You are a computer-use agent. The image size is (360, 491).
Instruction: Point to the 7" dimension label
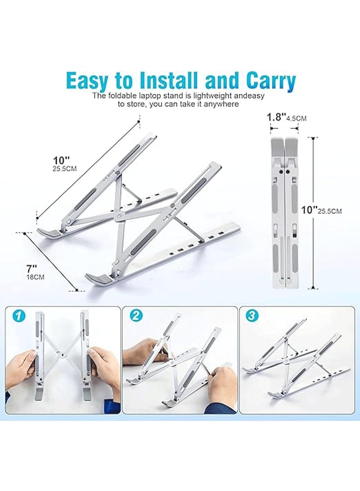31,269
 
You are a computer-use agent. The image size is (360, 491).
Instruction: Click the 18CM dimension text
35,277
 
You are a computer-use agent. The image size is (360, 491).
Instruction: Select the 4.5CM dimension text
296,118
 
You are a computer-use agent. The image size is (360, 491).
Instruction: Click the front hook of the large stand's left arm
50,232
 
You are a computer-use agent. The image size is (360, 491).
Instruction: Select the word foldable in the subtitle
120,96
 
